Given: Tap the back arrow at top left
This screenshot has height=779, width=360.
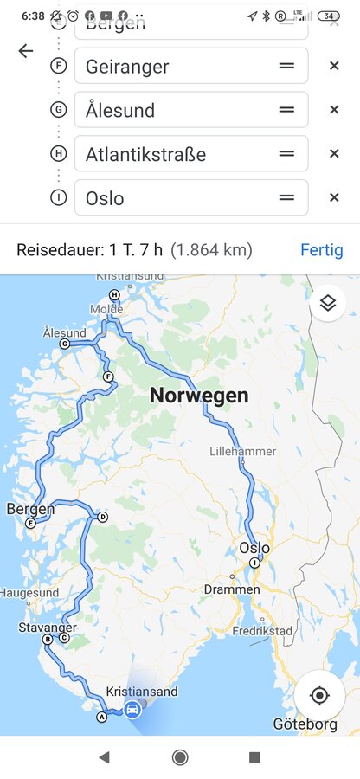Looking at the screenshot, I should point(25,51).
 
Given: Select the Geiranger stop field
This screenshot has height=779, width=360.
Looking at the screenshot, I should point(177,66).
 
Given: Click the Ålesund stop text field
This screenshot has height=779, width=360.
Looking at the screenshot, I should point(177,110).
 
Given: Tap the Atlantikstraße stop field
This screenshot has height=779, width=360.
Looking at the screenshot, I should point(177,154).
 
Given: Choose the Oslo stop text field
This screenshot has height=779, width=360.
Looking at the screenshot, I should point(177,198).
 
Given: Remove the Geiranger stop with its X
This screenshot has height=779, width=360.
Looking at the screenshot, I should point(334,66).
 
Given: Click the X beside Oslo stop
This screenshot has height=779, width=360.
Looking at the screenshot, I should point(334,198).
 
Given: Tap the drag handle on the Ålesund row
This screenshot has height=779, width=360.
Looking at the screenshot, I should point(286,110).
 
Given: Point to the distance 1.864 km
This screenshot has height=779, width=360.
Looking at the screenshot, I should point(211,250).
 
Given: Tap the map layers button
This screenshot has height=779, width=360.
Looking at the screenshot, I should point(328,303).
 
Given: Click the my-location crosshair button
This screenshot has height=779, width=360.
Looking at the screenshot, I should point(319,695).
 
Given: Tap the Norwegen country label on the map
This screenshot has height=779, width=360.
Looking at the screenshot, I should point(199,396).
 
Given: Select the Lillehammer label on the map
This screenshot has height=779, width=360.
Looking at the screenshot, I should point(243,451).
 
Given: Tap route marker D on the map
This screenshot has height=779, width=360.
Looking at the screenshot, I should point(102,518).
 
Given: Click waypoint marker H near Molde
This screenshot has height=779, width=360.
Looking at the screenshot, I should point(113,294).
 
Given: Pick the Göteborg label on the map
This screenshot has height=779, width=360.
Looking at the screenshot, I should point(305,724).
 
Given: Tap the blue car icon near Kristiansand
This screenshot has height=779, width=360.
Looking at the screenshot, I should point(132,710).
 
